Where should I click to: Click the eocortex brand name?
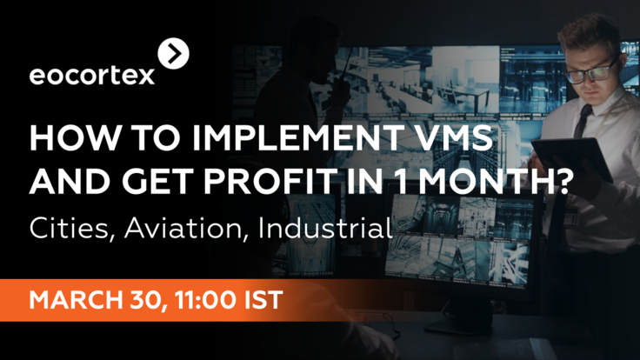coord(92,76)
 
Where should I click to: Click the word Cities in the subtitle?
coord(66,230)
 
